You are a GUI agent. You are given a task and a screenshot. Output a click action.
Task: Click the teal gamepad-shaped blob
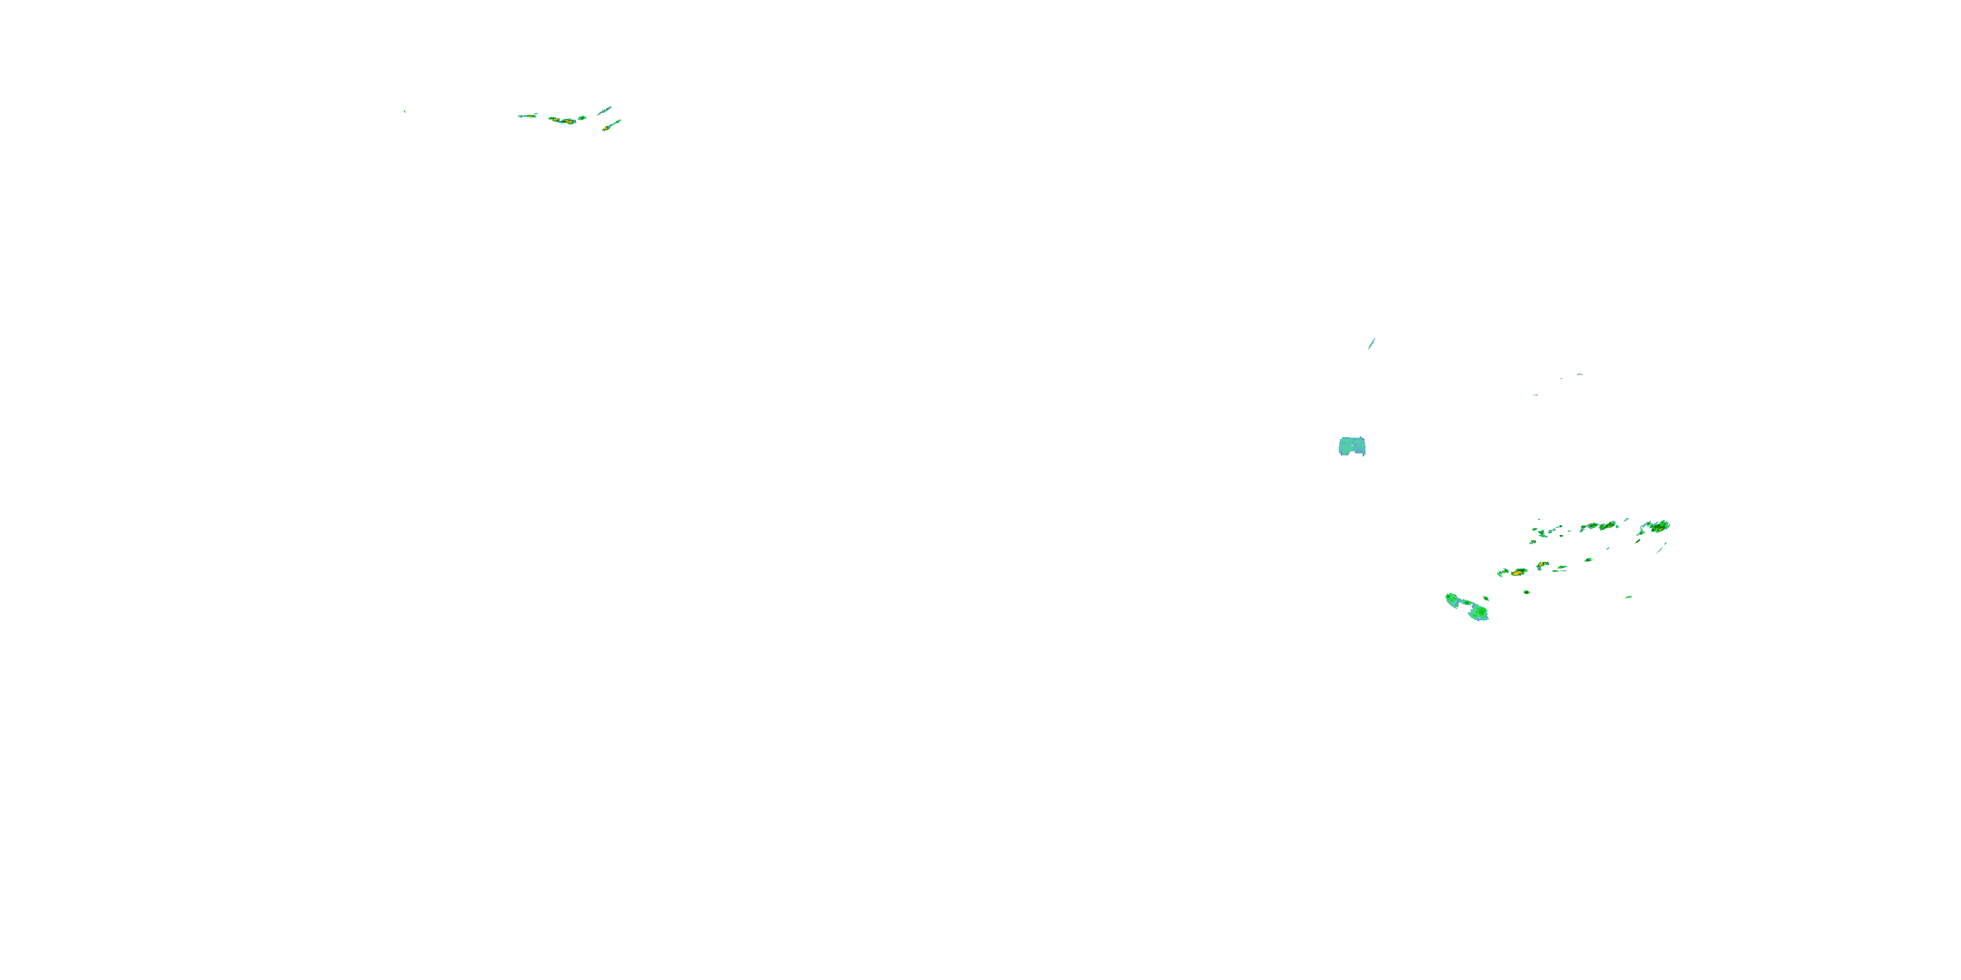(x=1352, y=446)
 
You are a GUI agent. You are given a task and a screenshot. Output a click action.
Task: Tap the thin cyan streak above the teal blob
(x=1372, y=343)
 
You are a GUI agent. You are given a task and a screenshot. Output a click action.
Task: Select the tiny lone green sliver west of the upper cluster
(x=404, y=112)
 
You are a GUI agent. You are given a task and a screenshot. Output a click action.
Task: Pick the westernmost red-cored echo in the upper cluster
(x=528, y=116)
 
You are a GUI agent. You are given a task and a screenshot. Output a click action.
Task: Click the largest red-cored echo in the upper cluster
(x=563, y=120)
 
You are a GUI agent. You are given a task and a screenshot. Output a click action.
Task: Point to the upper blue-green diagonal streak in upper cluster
(x=605, y=111)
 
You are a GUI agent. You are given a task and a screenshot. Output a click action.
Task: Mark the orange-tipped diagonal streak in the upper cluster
(x=611, y=125)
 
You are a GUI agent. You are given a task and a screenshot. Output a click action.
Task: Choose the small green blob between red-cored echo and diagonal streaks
(x=582, y=118)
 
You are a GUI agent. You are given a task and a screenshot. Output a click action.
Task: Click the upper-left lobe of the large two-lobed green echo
(x=1453, y=600)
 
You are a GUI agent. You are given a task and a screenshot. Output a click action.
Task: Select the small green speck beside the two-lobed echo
(x=1485, y=598)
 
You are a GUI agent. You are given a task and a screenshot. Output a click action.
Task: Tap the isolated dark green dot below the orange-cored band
(x=1526, y=591)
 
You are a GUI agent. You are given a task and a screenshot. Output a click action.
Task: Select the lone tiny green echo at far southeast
(x=1628, y=596)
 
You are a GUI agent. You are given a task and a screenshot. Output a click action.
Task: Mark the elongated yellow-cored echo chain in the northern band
(x=1599, y=526)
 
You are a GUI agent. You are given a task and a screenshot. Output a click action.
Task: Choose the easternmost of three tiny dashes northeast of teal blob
(x=1580, y=374)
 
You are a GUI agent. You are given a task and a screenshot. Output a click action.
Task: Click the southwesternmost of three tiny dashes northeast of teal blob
(x=1535, y=395)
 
